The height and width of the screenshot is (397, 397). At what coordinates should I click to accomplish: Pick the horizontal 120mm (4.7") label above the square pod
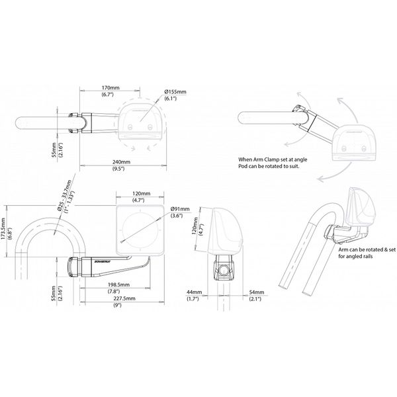(x=140, y=194)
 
